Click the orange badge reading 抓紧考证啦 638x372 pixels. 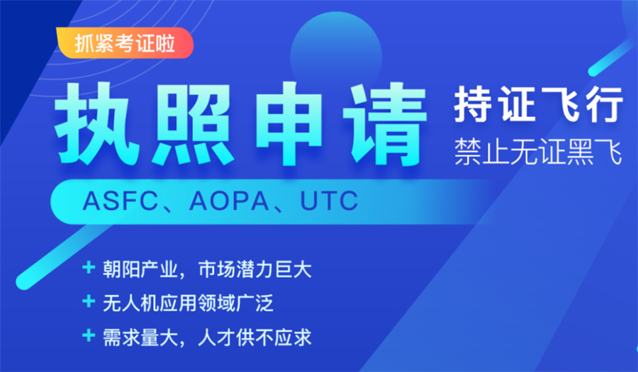click(x=125, y=43)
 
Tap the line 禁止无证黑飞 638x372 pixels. click(x=538, y=152)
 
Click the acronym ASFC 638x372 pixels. click(x=116, y=201)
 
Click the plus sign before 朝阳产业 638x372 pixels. click(x=89, y=268)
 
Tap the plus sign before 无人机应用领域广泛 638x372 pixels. click(x=89, y=302)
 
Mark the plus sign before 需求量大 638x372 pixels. click(x=89, y=335)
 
